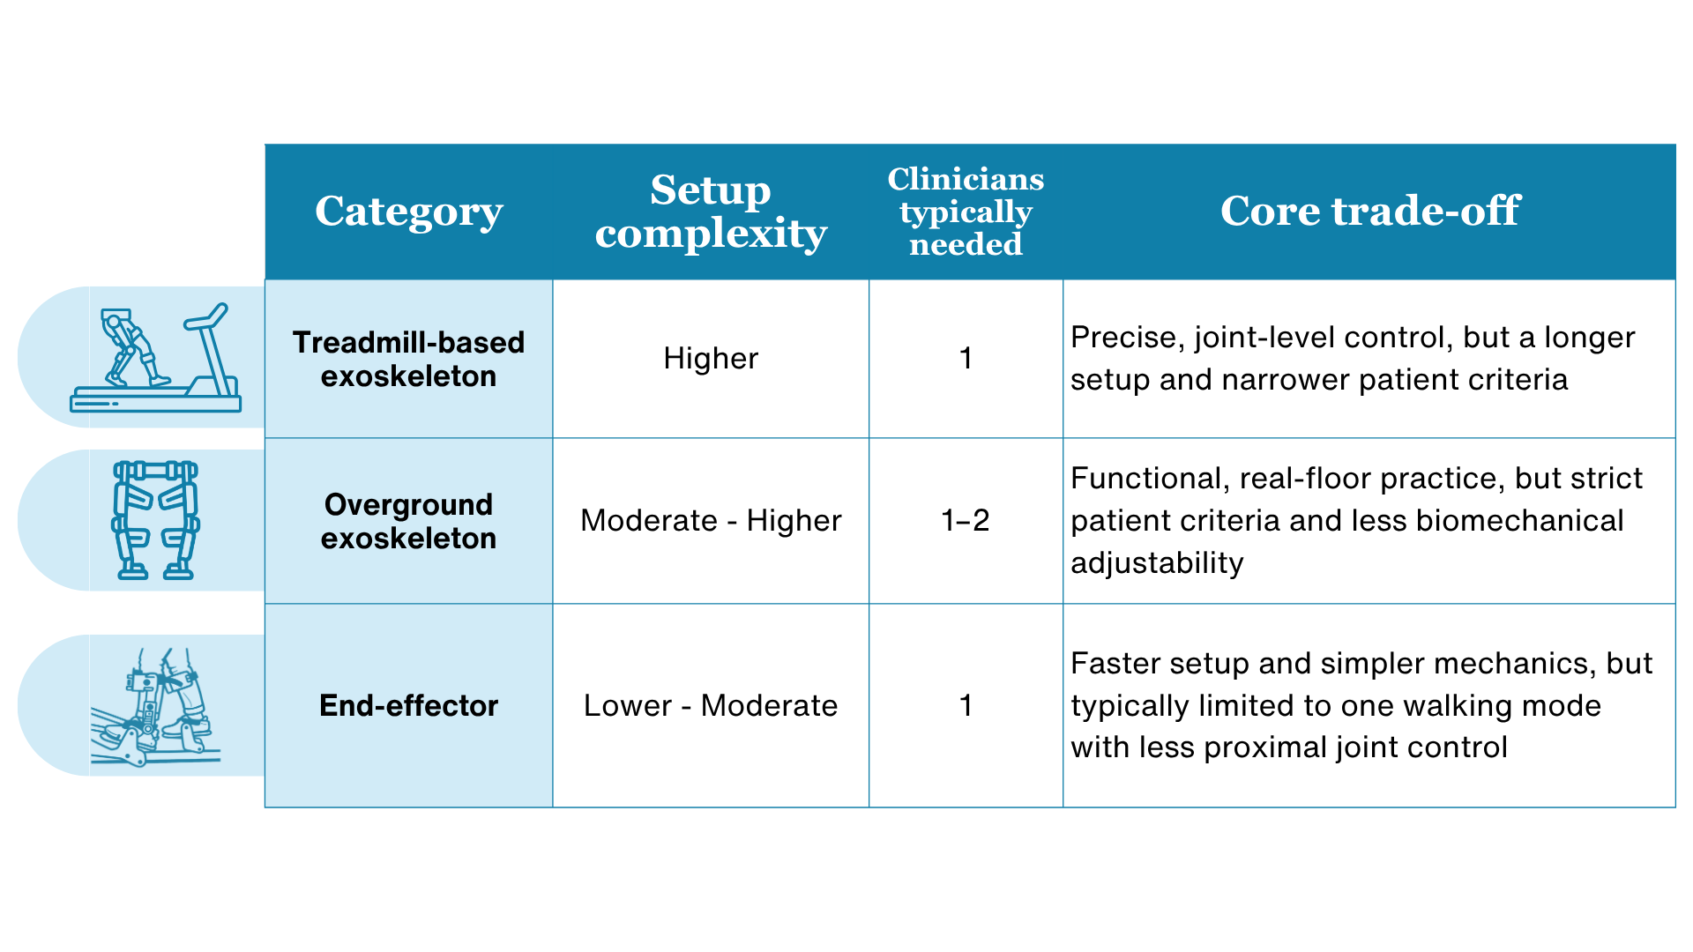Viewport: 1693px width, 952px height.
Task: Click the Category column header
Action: point(409,212)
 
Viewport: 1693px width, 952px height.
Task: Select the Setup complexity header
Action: point(711,212)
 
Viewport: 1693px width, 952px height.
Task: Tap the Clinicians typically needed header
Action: point(966,212)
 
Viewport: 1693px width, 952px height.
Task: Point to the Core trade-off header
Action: point(1370,211)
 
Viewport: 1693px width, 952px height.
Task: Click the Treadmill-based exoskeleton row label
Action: point(408,359)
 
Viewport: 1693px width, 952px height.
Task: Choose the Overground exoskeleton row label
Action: point(408,521)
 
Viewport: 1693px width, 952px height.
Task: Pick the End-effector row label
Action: point(408,705)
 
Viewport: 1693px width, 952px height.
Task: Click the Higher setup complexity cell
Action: point(711,358)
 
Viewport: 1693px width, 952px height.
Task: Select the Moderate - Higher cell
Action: point(711,520)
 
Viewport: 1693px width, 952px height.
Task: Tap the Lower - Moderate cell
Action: point(711,705)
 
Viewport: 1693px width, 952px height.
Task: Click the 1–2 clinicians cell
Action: point(966,520)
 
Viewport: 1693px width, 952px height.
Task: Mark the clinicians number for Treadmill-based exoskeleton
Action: point(966,358)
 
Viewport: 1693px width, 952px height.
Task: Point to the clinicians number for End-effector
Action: point(966,705)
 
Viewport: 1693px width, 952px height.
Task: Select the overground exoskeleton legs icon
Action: point(156,520)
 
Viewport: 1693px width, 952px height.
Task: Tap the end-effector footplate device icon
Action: point(156,707)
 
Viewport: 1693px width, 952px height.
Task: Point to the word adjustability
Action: point(1157,563)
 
